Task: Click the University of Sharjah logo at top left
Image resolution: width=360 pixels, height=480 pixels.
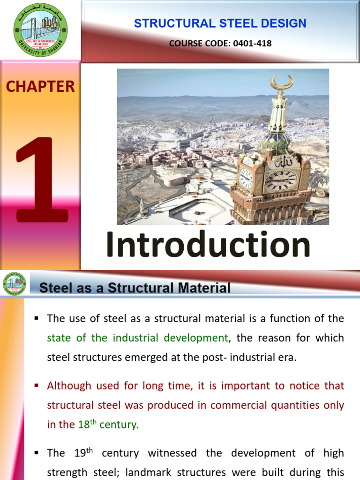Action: click(x=40, y=30)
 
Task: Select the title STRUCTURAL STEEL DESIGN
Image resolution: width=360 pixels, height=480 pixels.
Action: click(x=220, y=23)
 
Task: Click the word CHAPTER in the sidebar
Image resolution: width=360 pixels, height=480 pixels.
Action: click(x=40, y=86)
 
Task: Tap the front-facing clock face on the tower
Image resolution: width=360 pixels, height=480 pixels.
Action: click(x=281, y=180)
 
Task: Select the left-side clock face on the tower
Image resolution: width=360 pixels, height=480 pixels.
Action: click(x=246, y=178)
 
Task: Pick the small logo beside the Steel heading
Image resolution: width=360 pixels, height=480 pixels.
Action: click(x=15, y=284)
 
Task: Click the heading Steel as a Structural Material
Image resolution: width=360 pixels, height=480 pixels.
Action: click(x=135, y=287)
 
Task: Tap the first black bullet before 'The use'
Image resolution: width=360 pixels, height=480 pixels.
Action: click(x=36, y=319)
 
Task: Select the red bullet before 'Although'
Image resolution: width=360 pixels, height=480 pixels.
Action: click(x=36, y=386)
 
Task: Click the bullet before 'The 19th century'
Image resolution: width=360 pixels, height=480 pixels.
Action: click(x=36, y=453)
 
